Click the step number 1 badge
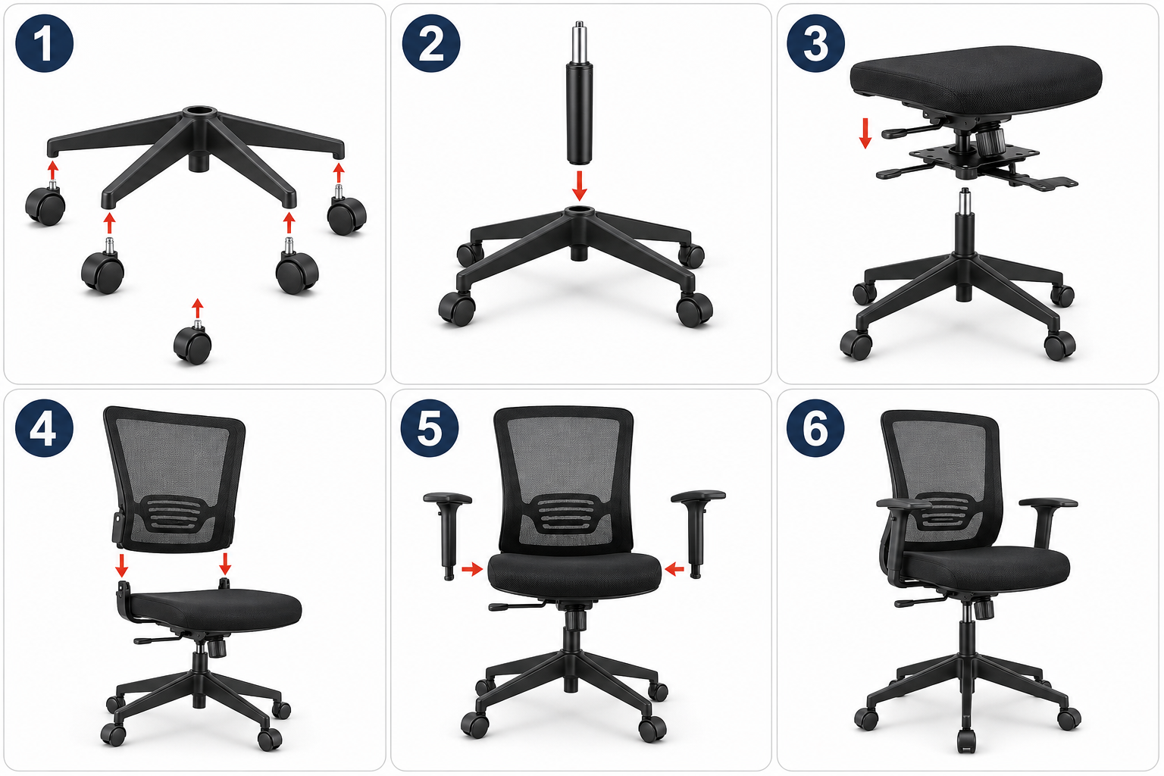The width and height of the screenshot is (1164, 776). point(45,43)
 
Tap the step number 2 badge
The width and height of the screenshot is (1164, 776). point(431,43)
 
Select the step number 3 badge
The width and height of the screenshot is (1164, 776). point(816,43)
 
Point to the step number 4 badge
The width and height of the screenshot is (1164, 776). point(44,427)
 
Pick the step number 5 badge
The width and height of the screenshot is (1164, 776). point(430,427)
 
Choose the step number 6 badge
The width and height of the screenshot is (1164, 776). point(815,427)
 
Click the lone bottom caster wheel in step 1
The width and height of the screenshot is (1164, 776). point(192,343)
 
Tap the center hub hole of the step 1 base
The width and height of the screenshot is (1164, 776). point(200,111)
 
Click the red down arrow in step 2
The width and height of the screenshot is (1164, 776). point(580,186)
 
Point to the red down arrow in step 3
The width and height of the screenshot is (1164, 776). point(865,133)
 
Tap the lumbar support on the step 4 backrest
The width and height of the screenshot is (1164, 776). point(174,514)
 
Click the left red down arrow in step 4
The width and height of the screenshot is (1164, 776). point(121,565)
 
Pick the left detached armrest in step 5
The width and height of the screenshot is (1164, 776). point(447,535)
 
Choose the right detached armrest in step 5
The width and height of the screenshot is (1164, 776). point(696,533)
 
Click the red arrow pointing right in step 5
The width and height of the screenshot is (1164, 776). point(472,569)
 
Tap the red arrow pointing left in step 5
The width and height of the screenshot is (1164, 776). point(674,569)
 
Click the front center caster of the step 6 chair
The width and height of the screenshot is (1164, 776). point(966,740)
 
